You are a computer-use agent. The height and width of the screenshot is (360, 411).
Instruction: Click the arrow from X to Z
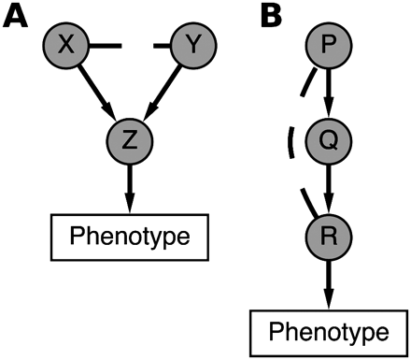coord(96,94)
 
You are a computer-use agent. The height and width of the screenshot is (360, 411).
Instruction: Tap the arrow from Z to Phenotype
coord(130,187)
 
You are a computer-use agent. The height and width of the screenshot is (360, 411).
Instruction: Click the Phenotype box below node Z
coord(129,233)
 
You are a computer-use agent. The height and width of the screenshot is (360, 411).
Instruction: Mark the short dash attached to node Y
coord(165,41)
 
